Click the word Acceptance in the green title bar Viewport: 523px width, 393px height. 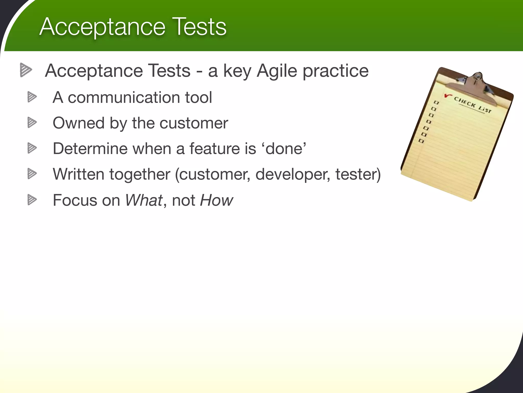click(102, 27)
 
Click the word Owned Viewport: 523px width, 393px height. click(78, 123)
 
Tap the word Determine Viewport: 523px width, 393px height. click(90, 148)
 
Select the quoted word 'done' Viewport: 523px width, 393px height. click(286, 148)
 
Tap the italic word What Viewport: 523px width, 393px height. click(144, 200)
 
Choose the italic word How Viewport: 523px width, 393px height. click(216, 200)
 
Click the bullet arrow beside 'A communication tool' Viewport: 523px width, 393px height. click(32, 97)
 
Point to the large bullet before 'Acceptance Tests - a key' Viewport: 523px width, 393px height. click(26, 70)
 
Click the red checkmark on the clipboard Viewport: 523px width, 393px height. click(448, 96)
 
